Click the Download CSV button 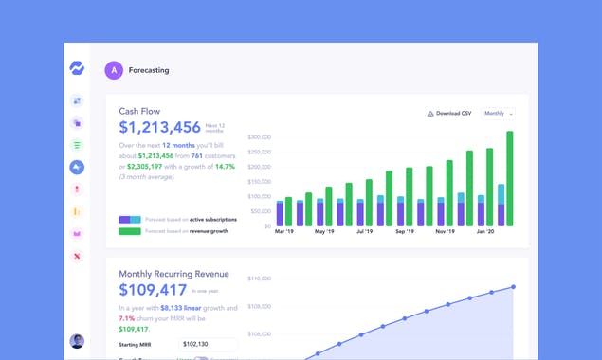(449, 113)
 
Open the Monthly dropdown (499, 113)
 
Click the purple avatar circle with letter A (113, 69)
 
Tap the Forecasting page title (150, 69)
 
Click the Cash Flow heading (140, 111)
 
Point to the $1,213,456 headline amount (159, 127)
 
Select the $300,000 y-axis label (260, 137)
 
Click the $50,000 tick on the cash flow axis (262, 211)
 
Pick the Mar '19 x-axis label (284, 232)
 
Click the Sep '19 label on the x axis (406, 232)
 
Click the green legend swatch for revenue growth (130, 230)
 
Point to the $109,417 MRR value (152, 290)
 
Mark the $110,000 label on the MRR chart (260, 279)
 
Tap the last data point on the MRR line (513, 286)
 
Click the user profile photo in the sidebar (77, 341)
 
